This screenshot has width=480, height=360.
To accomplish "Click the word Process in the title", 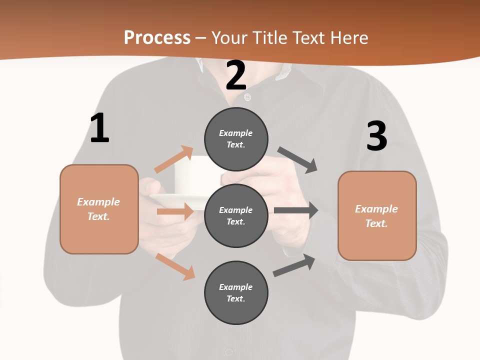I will pyautogui.click(x=157, y=37).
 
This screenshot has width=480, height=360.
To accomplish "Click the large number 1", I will pyautogui.click(x=99, y=128).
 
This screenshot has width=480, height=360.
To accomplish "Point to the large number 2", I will pyautogui.click(x=235, y=76).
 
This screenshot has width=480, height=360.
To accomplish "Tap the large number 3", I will pyautogui.click(x=376, y=136).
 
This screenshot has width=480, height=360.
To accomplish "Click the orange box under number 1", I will pyautogui.click(x=99, y=209).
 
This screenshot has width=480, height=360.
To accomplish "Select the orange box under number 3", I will pyautogui.click(x=377, y=215).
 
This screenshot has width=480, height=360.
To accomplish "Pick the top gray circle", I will pyautogui.click(x=236, y=139).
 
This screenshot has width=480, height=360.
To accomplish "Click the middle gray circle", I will pyautogui.click(x=236, y=215).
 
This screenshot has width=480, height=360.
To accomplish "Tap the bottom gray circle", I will pyautogui.click(x=236, y=292).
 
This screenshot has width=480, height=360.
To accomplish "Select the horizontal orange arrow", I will pyautogui.click(x=175, y=211).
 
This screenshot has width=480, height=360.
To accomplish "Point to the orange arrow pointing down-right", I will pyautogui.click(x=175, y=266).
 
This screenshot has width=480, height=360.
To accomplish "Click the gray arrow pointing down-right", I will pyautogui.click(x=298, y=159).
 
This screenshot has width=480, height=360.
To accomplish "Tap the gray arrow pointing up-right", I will pyautogui.click(x=294, y=265).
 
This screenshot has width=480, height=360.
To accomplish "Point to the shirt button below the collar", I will pyautogui.click(x=247, y=96).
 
